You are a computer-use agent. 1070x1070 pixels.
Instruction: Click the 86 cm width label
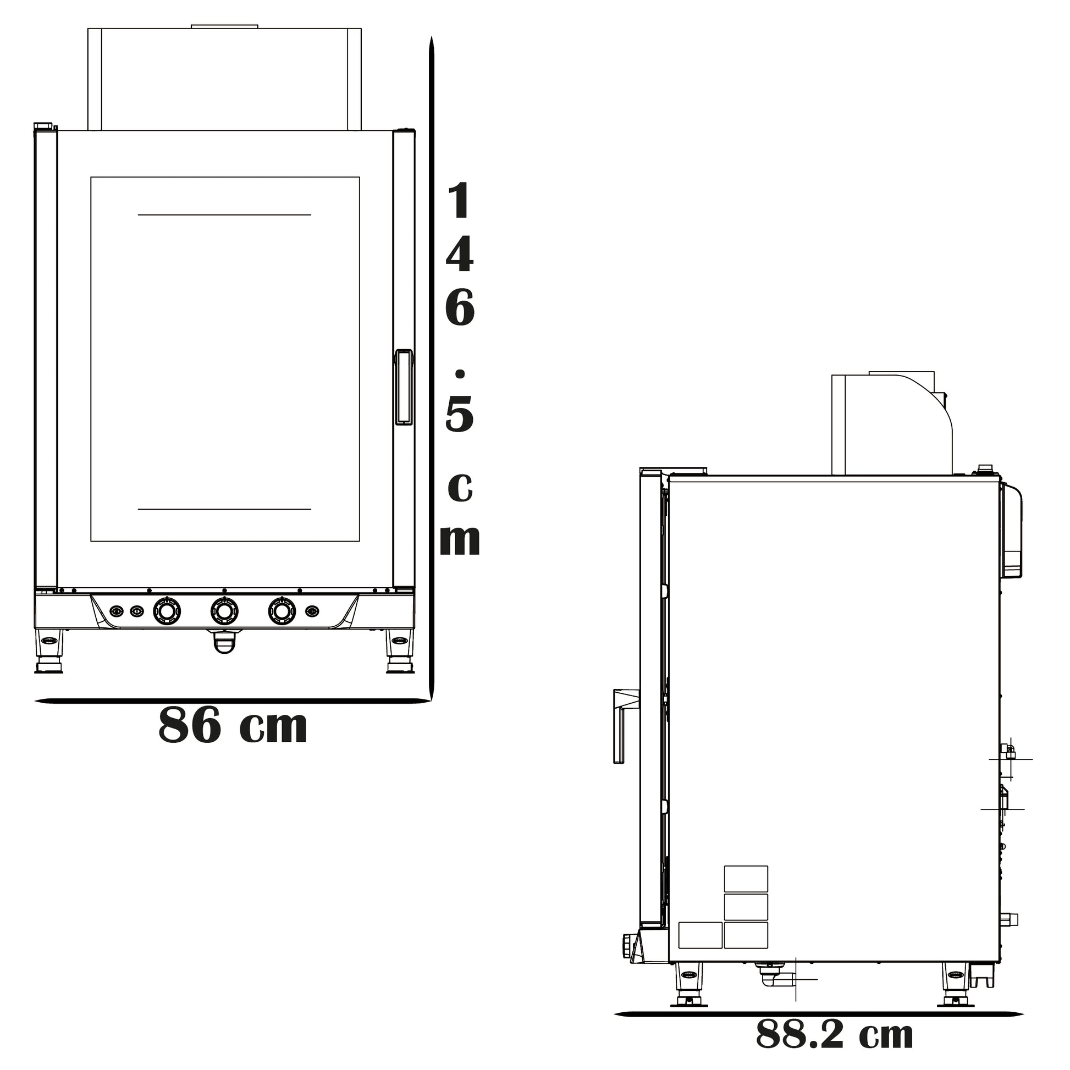(233, 725)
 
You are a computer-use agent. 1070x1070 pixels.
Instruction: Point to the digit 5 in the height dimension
(460, 413)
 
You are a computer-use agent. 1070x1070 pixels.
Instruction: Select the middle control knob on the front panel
(224, 611)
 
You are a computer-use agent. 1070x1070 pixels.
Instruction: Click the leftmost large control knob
(166, 611)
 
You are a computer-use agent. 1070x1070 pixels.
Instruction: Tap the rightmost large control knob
(282, 611)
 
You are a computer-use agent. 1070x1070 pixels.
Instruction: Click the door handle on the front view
(404, 387)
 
